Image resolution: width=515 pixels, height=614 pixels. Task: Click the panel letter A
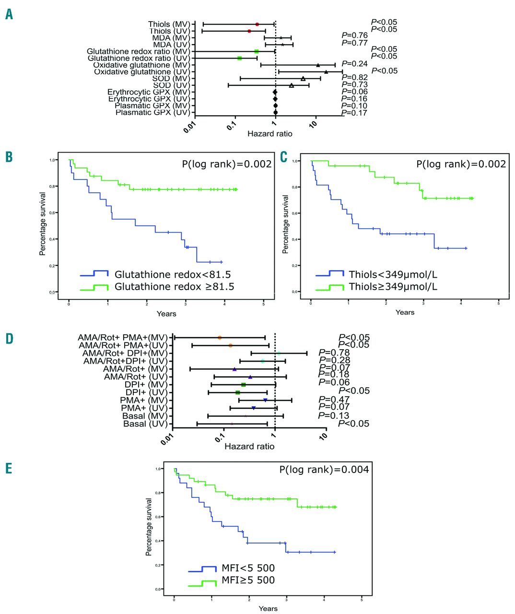pos(9,14)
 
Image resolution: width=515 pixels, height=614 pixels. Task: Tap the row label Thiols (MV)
pos(169,24)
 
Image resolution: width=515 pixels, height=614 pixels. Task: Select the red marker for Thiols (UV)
pos(249,31)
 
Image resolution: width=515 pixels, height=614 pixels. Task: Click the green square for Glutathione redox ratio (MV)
pos(257,51)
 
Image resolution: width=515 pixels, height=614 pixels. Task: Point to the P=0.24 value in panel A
pos(354,64)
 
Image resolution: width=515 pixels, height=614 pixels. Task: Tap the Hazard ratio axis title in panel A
pos(269,134)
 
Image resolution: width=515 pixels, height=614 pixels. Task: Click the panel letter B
pos(9,157)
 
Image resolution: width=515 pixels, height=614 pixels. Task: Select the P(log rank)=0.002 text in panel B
pos(227,164)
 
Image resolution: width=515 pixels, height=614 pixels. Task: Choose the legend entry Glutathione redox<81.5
pos(173,274)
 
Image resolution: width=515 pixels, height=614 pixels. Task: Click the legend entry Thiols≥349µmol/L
pos(393,287)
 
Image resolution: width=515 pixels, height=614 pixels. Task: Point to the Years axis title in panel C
pos(405,312)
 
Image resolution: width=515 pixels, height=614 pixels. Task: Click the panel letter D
pos(9,339)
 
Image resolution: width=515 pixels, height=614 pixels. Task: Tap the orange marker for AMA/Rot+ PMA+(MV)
pos(220,338)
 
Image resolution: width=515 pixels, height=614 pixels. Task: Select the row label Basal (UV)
pos(145,424)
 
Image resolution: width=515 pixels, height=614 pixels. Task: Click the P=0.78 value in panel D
pos(334,353)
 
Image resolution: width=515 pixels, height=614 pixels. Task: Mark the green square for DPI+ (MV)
pos(243,385)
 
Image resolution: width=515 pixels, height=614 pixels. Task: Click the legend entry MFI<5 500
pos(248,568)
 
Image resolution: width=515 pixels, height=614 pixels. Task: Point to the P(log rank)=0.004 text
pos(324,470)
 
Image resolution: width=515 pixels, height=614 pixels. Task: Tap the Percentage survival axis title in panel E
pos(149,527)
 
